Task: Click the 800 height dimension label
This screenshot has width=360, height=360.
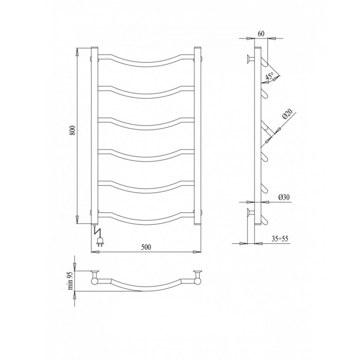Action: [73, 130]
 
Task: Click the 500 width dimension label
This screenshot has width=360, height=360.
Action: [146, 247]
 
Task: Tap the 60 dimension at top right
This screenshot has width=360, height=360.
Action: [261, 33]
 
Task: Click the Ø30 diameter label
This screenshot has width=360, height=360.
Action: [284, 197]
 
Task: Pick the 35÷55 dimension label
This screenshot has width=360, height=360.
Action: [280, 239]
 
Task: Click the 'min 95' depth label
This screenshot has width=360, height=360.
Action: [70, 280]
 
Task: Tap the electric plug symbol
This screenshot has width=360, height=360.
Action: [100, 242]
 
